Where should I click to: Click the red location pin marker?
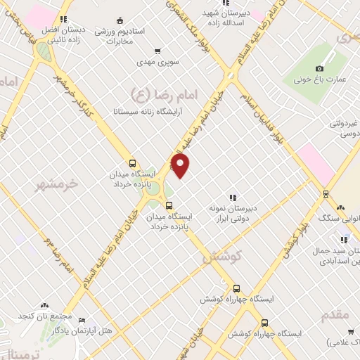[181, 166]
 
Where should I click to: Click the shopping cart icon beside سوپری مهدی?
[157, 51]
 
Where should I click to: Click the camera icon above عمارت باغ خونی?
[319, 68]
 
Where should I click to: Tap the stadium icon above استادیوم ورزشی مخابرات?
[120, 19]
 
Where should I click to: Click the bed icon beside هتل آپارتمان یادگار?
[82, 319]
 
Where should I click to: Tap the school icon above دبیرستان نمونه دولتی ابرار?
[233, 198]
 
